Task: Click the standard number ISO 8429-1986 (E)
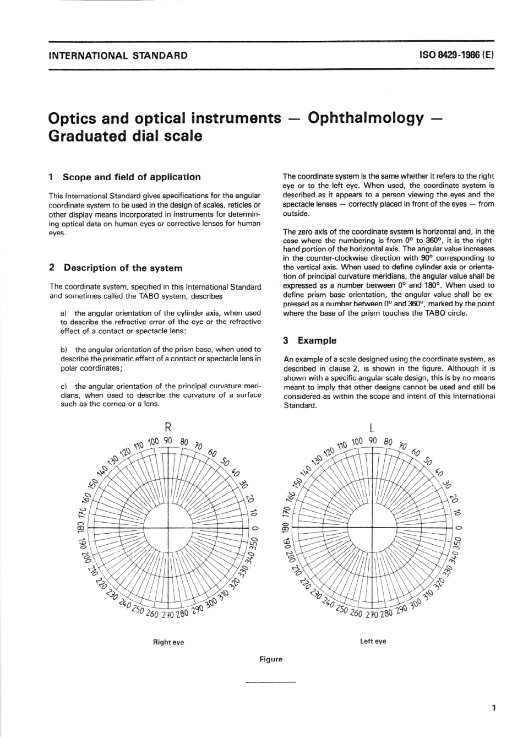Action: click(x=456, y=55)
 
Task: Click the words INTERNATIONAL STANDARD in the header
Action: click(x=118, y=56)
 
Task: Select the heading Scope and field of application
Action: click(x=132, y=177)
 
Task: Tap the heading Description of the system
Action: click(x=123, y=268)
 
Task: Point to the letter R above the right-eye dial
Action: click(x=169, y=427)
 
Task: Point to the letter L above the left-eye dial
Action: click(x=373, y=428)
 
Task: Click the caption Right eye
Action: click(x=168, y=642)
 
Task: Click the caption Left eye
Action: click(x=373, y=641)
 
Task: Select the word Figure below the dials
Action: click(x=271, y=659)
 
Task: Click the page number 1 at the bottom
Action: click(x=494, y=708)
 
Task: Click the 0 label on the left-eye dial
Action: click(x=458, y=528)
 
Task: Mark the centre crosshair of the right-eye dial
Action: click(x=168, y=528)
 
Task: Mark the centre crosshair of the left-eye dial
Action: click(x=373, y=528)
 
